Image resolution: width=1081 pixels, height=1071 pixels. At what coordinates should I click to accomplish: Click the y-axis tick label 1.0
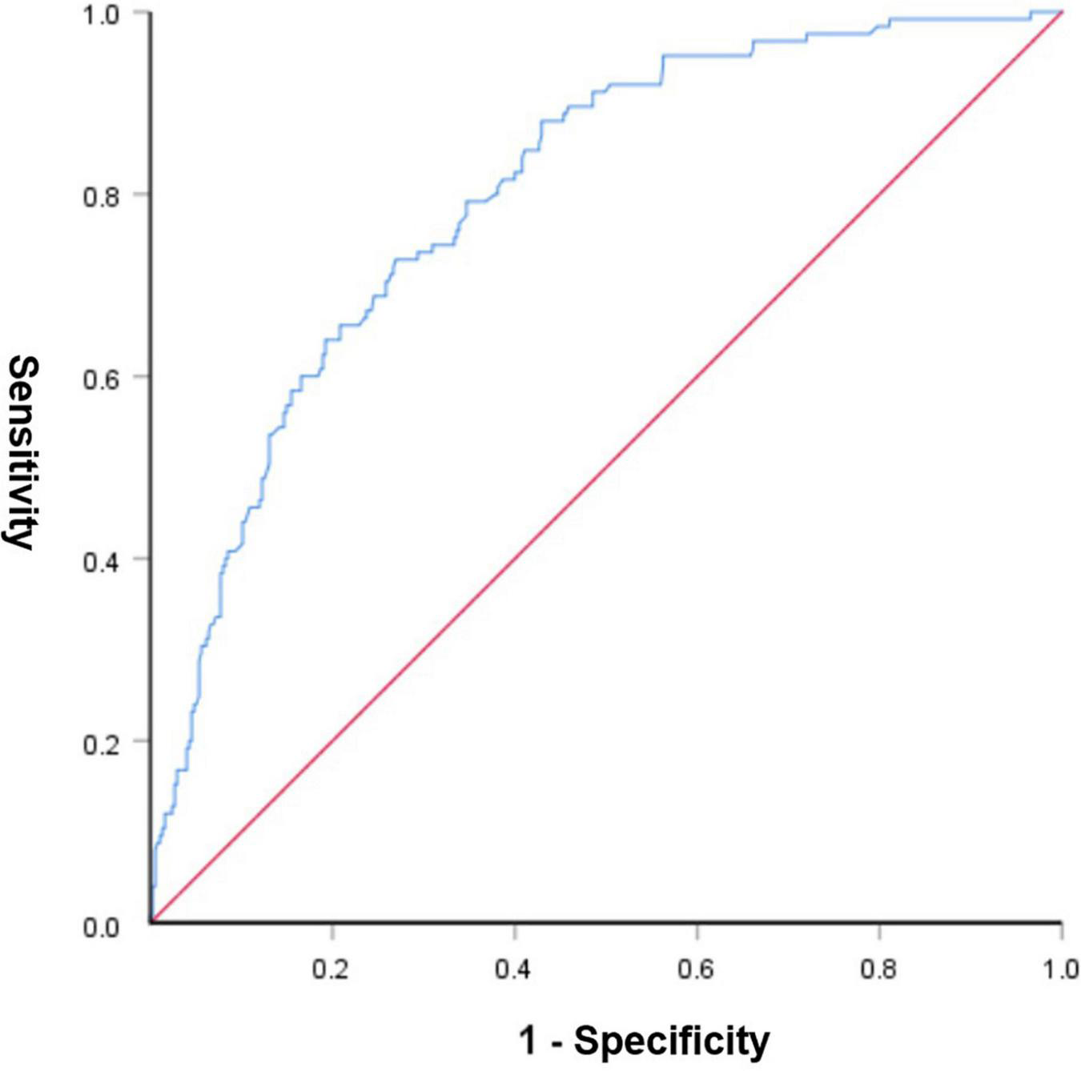click(x=102, y=14)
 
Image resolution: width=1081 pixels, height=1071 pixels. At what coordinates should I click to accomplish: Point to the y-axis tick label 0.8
click(x=102, y=195)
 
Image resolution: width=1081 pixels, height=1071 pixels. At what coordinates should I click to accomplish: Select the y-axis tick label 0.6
click(x=102, y=377)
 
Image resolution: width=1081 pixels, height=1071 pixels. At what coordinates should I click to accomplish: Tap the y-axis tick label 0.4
click(x=102, y=559)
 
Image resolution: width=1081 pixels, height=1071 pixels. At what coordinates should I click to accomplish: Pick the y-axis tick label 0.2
click(x=102, y=741)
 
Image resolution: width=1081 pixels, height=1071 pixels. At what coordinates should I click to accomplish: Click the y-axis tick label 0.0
click(x=102, y=927)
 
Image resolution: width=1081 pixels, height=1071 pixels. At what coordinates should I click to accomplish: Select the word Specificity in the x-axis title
click(x=671, y=1041)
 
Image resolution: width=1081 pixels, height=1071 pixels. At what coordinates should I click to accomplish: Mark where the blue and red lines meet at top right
click(x=1060, y=13)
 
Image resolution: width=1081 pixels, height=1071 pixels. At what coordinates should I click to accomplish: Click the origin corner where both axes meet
click(x=151, y=923)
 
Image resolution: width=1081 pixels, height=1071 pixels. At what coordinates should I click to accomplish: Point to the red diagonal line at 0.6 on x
click(x=697, y=377)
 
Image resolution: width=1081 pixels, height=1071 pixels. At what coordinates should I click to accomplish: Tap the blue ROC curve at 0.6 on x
click(x=697, y=55)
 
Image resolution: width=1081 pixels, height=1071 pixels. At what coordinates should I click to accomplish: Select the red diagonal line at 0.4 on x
click(x=515, y=559)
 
